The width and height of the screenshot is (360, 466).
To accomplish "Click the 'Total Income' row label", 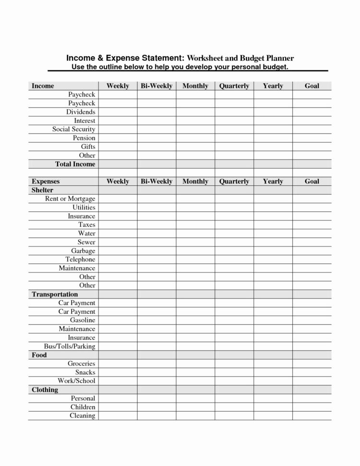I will (x=75, y=164).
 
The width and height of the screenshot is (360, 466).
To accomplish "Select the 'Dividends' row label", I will (x=81, y=112).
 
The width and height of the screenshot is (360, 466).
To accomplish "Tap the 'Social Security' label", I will (x=74, y=129).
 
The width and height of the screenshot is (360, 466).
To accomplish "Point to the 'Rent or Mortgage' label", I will (x=70, y=199).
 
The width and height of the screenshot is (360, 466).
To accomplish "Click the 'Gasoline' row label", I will (x=83, y=320).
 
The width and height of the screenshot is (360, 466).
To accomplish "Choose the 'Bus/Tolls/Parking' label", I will (x=70, y=346).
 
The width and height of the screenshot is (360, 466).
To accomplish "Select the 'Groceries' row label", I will (x=82, y=364).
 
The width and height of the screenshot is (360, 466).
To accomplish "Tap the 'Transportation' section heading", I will (x=55, y=294).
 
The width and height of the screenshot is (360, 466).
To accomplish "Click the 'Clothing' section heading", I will (x=45, y=390).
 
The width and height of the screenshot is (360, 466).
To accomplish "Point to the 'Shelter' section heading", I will (x=42, y=190).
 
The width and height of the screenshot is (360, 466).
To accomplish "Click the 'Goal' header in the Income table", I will (x=312, y=86).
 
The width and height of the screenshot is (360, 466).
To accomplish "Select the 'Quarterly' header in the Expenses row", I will (x=234, y=182).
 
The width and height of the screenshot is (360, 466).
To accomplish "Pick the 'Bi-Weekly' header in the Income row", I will (x=156, y=86).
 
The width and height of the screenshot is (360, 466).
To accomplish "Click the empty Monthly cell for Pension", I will (x=195, y=138).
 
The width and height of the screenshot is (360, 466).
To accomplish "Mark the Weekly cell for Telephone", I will (x=118, y=259).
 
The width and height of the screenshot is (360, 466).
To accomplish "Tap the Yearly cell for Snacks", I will (x=273, y=372).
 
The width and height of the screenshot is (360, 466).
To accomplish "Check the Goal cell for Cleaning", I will (x=312, y=416).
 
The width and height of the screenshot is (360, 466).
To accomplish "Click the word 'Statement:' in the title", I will (x=156, y=58).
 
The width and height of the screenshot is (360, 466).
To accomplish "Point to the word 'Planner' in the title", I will (x=278, y=58).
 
